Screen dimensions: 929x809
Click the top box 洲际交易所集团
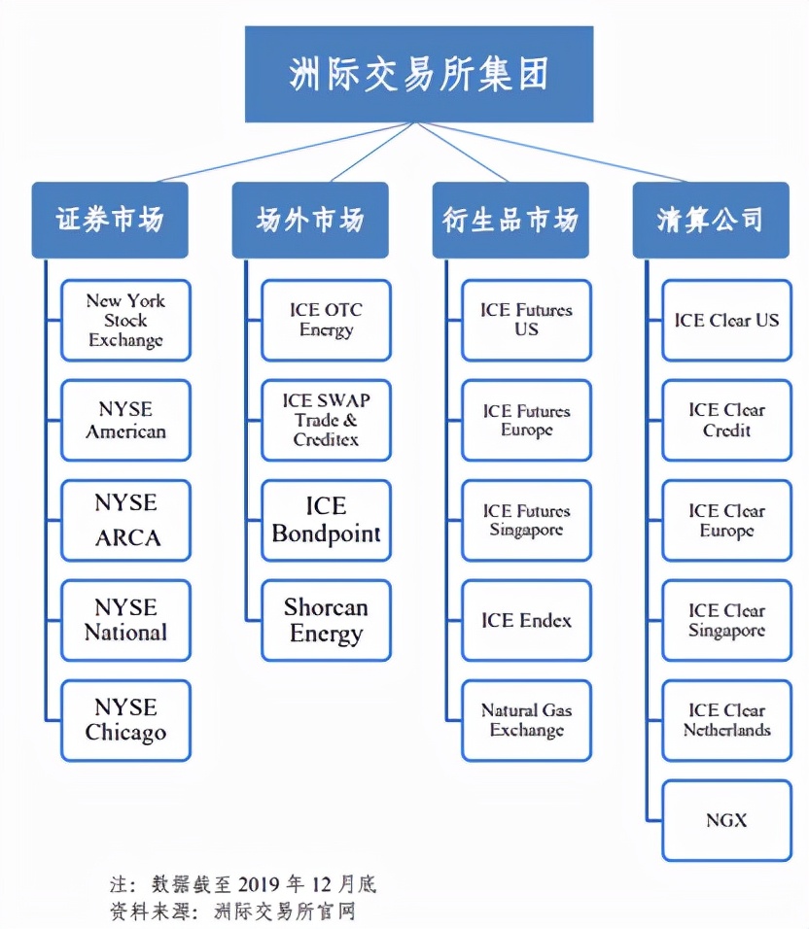(x=418, y=74)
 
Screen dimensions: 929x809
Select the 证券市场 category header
(x=110, y=220)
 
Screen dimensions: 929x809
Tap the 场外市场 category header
(x=310, y=220)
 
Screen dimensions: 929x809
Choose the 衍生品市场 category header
(x=510, y=220)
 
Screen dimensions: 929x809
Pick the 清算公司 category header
(x=710, y=220)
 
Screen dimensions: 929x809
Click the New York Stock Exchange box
(x=125, y=321)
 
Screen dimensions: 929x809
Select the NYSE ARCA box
(x=125, y=520)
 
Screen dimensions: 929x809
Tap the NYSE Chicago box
(x=125, y=720)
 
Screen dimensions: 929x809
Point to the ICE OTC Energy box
(x=326, y=321)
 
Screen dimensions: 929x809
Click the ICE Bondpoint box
(x=326, y=520)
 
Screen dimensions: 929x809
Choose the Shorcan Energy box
(x=326, y=620)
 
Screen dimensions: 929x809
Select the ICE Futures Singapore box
(x=526, y=520)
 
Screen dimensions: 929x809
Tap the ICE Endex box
(x=526, y=620)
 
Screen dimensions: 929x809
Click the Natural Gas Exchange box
(x=526, y=720)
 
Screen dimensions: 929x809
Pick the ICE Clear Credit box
(x=726, y=420)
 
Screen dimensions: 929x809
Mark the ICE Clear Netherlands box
(x=726, y=720)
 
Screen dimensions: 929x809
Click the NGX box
(x=726, y=820)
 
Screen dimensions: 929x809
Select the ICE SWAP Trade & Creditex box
(x=326, y=420)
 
